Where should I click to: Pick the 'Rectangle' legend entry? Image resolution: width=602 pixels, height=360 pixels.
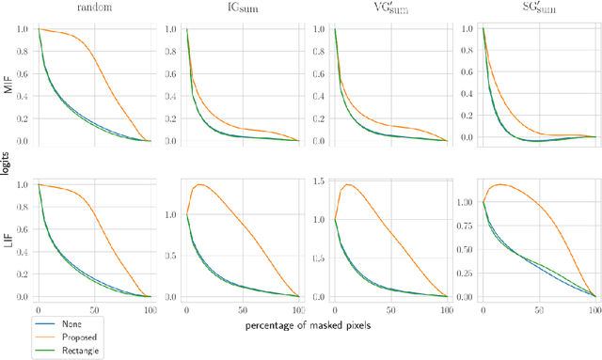click(x=62, y=350)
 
